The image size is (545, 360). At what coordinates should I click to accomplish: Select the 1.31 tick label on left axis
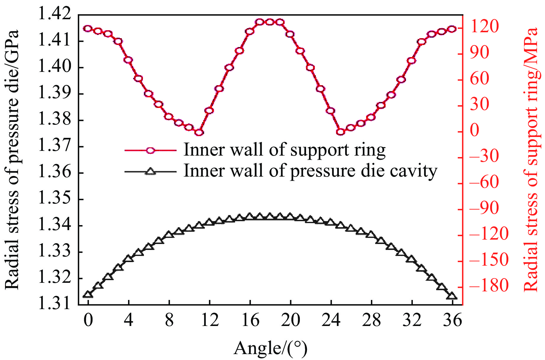pos(55,304)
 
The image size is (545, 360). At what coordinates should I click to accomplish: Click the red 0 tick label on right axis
pos(475,130)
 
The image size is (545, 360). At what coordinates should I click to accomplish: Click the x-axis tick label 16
pos(250,320)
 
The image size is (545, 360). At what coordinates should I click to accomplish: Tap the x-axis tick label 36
pos(452,320)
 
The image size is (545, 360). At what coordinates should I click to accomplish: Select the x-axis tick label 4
pos(129,320)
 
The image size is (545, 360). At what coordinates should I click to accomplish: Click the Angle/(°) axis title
pos(270,348)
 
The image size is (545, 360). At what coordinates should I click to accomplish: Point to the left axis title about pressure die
pos(12,160)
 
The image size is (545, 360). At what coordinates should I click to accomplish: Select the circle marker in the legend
pos(151,150)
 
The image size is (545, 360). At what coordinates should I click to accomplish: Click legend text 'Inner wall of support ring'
pos(284,150)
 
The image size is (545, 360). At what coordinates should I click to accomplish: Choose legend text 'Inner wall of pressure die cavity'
pos(310,171)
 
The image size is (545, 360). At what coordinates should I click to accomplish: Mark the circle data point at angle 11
pos(199,133)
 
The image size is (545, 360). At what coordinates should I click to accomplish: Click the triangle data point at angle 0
pos(88,294)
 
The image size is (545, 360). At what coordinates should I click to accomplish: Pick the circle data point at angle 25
pos(341,132)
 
